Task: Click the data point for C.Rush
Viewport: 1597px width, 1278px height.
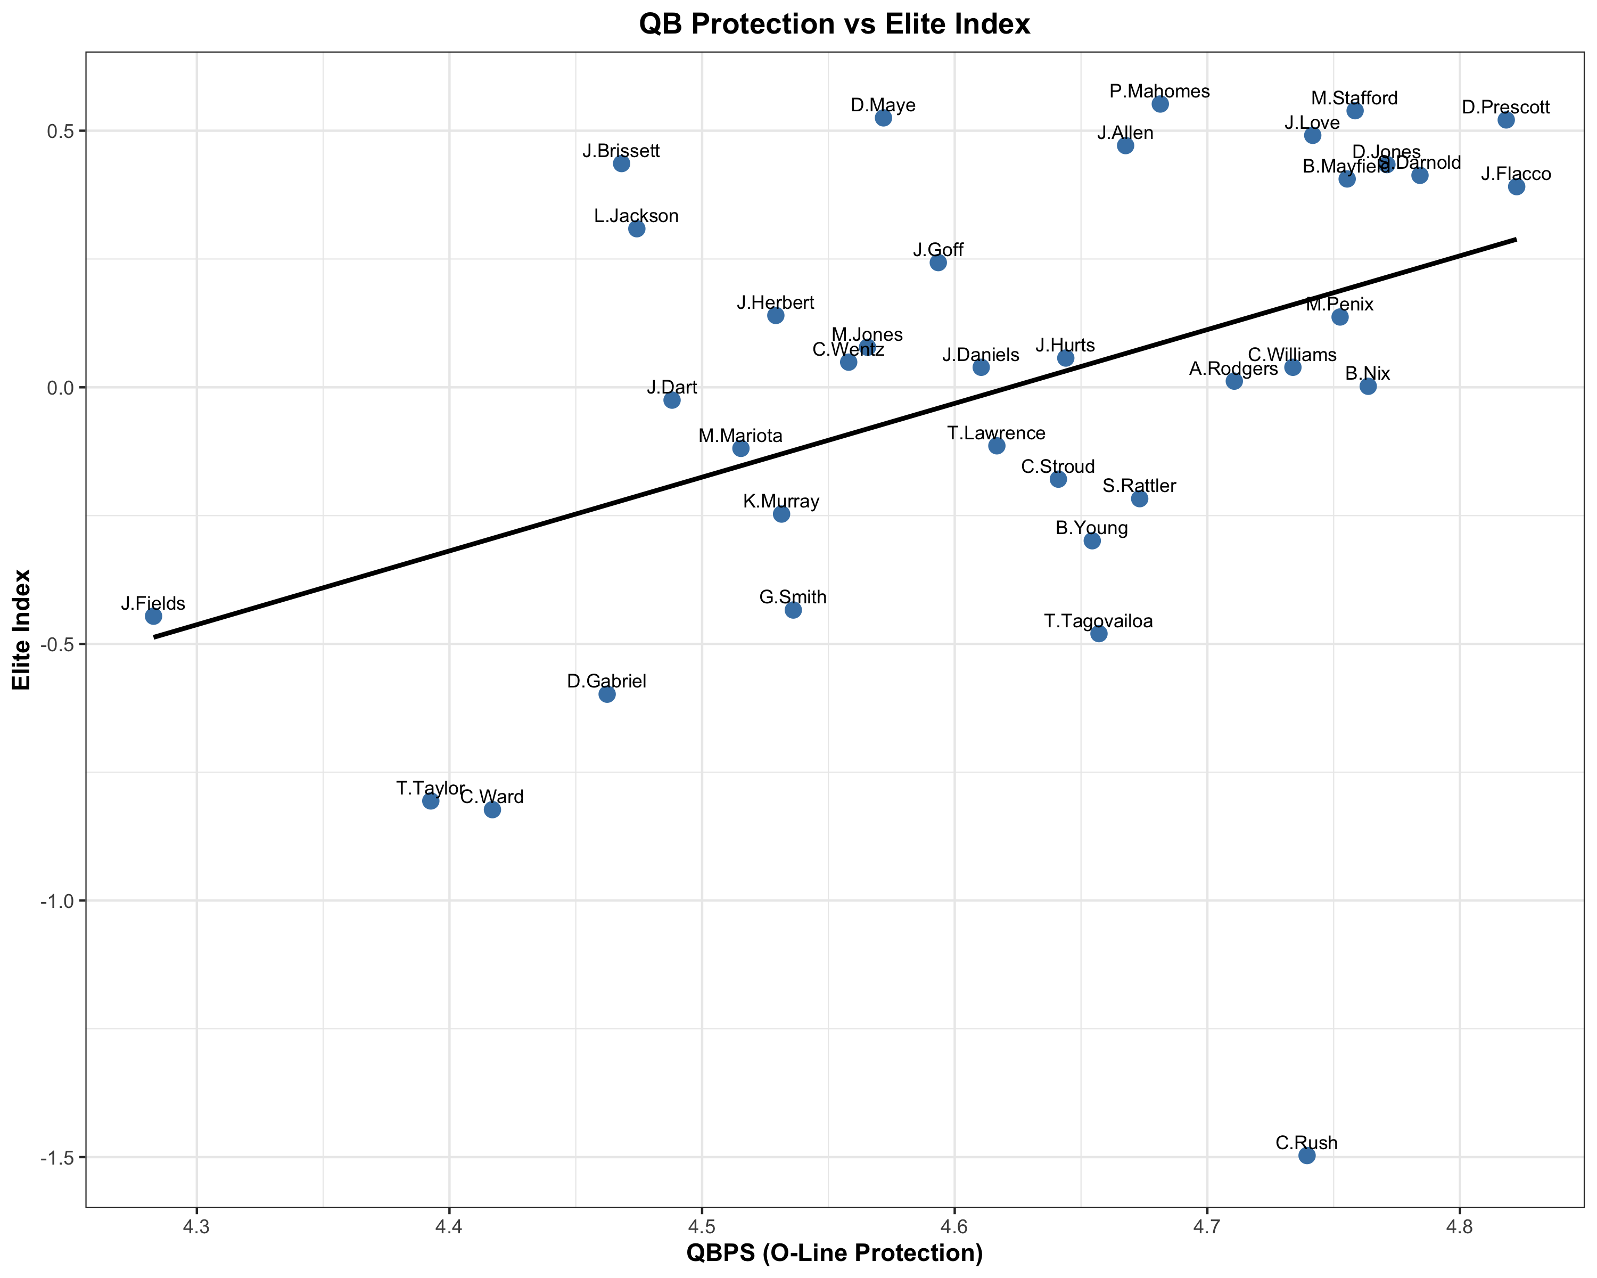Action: click(x=1307, y=1155)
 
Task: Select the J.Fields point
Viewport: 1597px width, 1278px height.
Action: click(x=153, y=616)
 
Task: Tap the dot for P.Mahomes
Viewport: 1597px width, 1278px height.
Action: click(x=1160, y=104)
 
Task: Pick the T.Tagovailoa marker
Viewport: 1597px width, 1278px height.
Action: click(x=1099, y=634)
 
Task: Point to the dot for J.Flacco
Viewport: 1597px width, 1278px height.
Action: click(x=1516, y=187)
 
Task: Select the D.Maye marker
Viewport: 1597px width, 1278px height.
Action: click(x=883, y=118)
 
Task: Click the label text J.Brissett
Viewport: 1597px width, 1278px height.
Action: click(x=621, y=151)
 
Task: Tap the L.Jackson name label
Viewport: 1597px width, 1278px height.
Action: click(x=636, y=216)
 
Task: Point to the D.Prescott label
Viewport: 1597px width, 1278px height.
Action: click(x=1506, y=108)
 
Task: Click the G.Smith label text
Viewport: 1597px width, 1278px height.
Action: click(x=793, y=597)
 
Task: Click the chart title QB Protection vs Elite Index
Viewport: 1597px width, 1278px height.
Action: click(x=834, y=24)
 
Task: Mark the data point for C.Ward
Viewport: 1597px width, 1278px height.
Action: click(x=492, y=809)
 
